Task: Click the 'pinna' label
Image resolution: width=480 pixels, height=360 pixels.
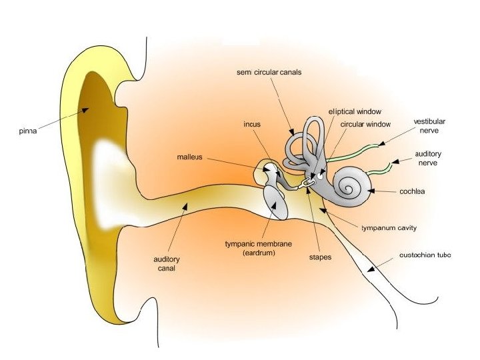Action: point(27,131)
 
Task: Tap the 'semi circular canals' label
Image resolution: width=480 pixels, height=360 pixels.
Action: point(269,72)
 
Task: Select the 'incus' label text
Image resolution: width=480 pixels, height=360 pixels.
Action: point(252,124)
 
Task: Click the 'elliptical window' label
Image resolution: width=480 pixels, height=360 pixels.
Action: point(355,111)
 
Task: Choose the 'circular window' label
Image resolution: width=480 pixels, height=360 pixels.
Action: point(365,124)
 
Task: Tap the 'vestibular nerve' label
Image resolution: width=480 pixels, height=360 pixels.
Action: point(429,127)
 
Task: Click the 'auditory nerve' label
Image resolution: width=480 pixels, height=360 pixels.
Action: point(428,158)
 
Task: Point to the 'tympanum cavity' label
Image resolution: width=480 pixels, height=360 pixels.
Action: point(389,228)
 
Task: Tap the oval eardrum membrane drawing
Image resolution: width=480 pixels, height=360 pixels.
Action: point(276,202)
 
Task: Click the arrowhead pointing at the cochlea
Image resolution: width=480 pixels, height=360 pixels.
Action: point(371,191)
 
